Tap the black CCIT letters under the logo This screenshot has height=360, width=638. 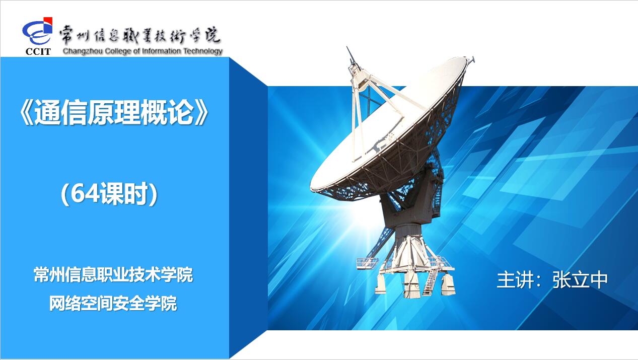[x=38, y=51]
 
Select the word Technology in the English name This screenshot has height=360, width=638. [x=203, y=51]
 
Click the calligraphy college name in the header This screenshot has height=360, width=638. [x=140, y=36]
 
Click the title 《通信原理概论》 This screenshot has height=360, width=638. [x=114, y=112]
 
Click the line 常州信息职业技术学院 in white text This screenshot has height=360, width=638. [x=113, y=274]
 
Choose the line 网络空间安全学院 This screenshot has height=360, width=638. [x=113, y=303]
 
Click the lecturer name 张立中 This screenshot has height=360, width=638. [x=580, y=279]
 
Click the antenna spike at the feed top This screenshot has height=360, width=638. [x=351, y=56]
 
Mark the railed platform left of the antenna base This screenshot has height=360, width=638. [x=368, y=263]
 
